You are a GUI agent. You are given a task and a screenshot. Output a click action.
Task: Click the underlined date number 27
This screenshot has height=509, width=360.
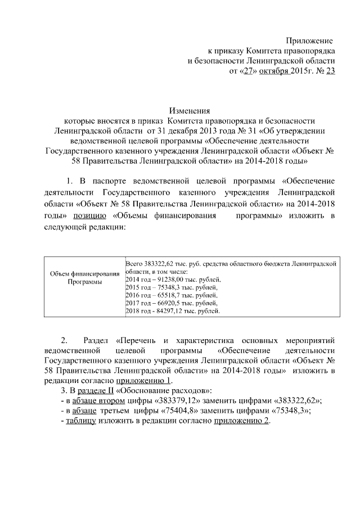247,71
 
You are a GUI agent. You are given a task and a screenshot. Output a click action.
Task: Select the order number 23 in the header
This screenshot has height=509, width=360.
330,71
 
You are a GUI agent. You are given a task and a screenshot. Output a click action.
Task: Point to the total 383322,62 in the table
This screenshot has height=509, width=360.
157,263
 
